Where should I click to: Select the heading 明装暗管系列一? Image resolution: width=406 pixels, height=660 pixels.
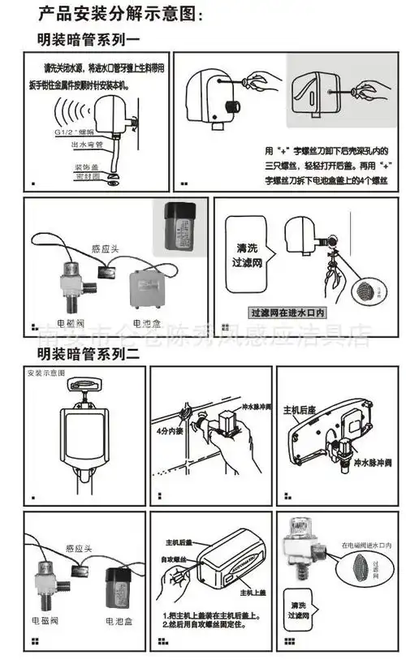coord(89,37)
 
